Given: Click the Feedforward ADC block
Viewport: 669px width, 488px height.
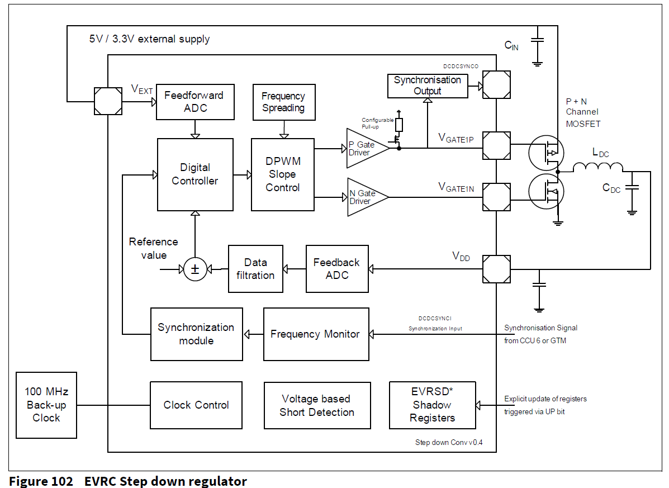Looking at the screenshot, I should tap(195, 102).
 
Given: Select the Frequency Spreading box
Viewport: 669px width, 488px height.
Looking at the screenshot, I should tap(283, 102).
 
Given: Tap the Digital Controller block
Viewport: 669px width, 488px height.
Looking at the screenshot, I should tap(195, 174).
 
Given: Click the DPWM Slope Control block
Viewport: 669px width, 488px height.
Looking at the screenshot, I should tap(283, 174).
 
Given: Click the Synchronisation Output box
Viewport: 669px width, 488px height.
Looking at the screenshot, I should tap(428, 86).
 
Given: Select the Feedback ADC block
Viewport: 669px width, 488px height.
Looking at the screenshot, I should tap(337, 269).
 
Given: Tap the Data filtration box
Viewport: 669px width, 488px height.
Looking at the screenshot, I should tap(255, 269).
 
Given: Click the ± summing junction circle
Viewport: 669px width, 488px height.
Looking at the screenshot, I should tap(195, 269).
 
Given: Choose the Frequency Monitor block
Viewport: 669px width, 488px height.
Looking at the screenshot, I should tap(316, 334).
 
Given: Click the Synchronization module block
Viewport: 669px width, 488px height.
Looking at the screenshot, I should tap(196, 334).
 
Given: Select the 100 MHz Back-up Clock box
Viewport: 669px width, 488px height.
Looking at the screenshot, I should tap(46, 405).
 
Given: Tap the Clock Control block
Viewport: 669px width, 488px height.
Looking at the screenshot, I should tap(196, 405).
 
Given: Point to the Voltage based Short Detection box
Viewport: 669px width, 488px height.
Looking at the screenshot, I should tap(317, 406).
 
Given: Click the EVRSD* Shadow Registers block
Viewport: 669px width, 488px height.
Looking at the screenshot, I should tap(432, 405).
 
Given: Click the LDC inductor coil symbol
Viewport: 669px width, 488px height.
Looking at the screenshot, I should tap(597, 167).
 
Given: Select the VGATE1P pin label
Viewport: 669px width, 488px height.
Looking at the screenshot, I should tap(456, 139).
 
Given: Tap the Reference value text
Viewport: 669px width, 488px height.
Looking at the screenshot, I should tap(153, 248).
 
